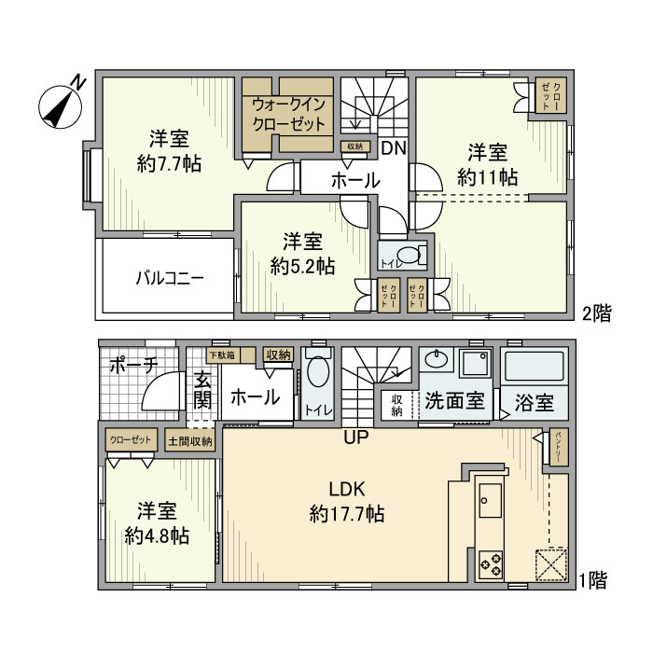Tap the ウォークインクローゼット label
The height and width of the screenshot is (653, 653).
[x=288, y=114]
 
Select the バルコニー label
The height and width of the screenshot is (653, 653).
[x=169, y=277]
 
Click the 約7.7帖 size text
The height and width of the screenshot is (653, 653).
[x=169, y=162]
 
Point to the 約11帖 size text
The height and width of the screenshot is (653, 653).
[x=487, y=175]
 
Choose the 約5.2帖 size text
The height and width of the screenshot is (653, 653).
[x=302, y=266]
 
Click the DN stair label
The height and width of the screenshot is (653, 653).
[x=392, y=148]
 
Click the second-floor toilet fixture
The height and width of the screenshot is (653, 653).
[x=408, y=256]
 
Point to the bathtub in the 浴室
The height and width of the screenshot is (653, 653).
[x=534, y=366]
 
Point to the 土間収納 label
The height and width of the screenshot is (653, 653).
[x=189, y=439]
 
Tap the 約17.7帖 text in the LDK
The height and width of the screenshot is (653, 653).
[x=348, y=513]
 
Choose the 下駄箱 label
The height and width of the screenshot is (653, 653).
[x=221, y=354]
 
